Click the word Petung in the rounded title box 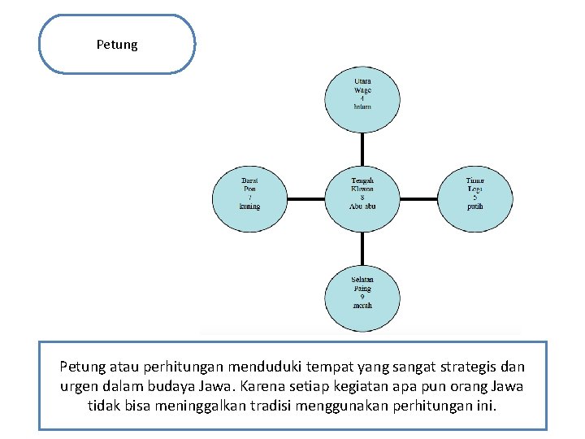117,45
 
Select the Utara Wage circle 362,95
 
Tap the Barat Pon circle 249,196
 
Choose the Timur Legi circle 475,196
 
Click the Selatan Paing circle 362,295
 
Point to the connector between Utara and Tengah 362,147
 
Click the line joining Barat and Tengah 305,197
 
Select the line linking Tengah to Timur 419,197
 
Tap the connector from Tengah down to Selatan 362,246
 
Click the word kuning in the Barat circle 249,206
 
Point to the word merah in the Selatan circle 362,306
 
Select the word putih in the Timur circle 475,206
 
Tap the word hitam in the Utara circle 362,106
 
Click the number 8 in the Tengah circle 362,197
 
